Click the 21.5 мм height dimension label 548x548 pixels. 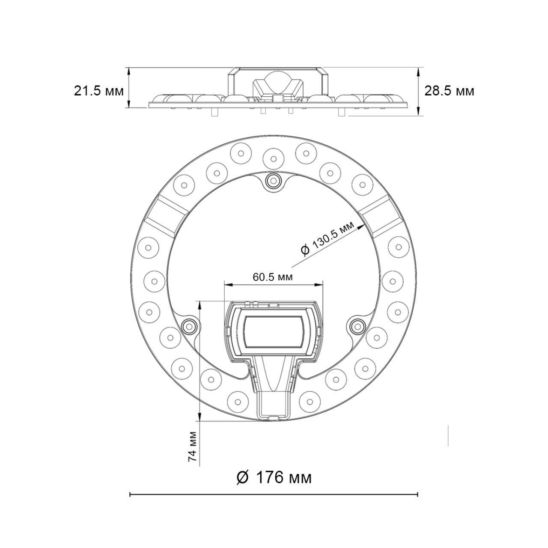point(98,91)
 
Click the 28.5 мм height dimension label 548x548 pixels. point(449,91)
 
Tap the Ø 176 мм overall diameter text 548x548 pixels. point(274,477)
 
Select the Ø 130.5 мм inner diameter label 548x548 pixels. point(330,238)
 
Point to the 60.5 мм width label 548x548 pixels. point(273,277)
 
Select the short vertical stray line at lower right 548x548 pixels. point(448,435)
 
